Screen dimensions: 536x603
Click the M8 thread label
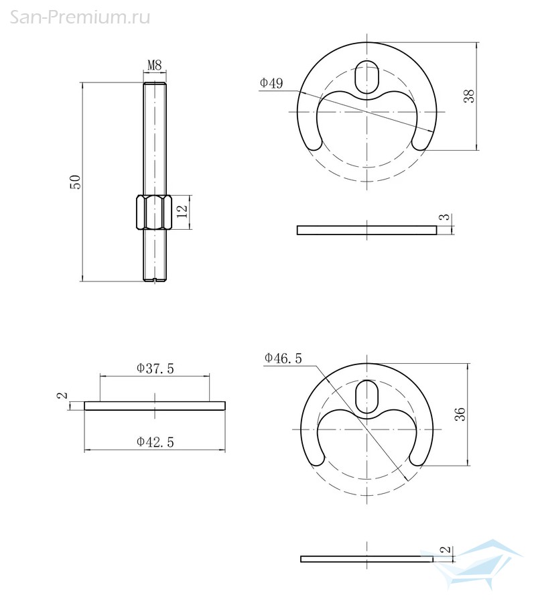click(x=155, y=65)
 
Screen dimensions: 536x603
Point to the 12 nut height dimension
click(x=182, y=211)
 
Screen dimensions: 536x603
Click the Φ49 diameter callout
click(x=271, y=82)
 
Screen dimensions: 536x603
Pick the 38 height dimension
click(x=469, y=96)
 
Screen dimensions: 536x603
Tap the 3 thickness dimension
click(x=444, y=217)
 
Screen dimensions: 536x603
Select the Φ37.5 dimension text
click(x=155, y=368)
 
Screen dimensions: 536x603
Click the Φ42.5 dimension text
click(x=155, y=442)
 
